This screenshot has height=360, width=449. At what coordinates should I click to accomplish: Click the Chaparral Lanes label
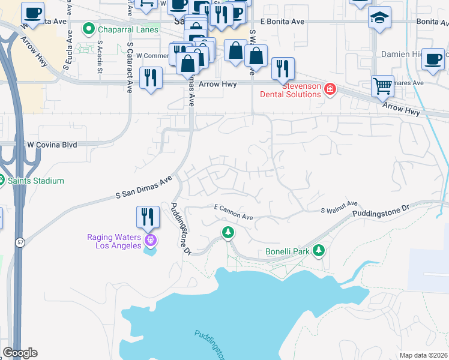(129, 29)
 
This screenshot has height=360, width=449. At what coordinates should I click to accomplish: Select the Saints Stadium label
(35, 181)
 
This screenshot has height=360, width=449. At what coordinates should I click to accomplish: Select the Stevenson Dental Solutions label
(290, 90)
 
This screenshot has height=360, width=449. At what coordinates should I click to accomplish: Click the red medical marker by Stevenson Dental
(330, 90)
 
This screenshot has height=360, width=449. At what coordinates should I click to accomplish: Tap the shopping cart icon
(382, 86)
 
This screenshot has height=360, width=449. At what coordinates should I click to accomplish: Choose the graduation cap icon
(380, 17)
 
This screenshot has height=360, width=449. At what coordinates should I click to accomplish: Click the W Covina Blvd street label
(52, 145)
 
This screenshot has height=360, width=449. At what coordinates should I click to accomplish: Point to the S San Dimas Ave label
(143, 187)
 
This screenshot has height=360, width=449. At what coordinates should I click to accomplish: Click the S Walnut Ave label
(339, 210)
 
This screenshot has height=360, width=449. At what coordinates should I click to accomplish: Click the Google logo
(20, 353)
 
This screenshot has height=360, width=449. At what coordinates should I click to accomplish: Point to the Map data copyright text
(423, 355)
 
